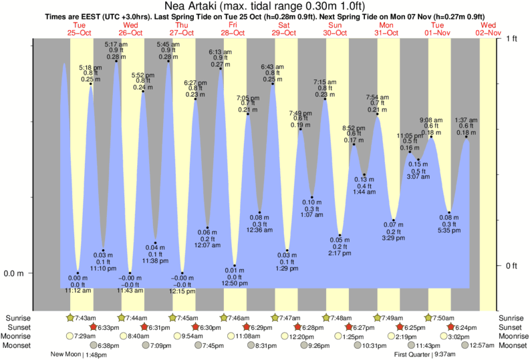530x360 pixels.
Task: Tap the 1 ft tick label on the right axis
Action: coord(512,39)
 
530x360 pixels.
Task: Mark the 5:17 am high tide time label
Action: coord(112,44)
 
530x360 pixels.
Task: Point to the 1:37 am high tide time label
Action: coord(466,120)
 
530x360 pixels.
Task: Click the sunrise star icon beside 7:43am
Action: coord(70,317)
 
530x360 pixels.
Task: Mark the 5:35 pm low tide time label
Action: coord(448,231)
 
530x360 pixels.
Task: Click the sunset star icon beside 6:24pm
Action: coord(452,327)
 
